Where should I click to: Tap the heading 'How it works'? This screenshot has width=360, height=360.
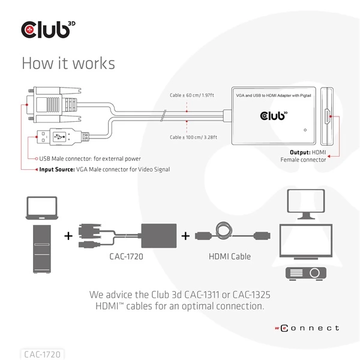tap(68, 63)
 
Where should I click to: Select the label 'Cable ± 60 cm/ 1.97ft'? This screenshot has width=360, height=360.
tap(192, 94)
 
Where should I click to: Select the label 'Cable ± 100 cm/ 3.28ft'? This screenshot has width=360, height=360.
tap(193, 137)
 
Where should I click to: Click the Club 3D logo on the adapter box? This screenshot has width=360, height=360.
tap(273, 114)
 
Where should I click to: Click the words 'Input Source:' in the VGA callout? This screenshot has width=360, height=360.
tap(56, 170)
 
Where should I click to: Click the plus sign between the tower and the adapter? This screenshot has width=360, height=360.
tap(68, 236)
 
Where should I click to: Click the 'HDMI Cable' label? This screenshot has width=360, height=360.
tap(229, 257)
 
